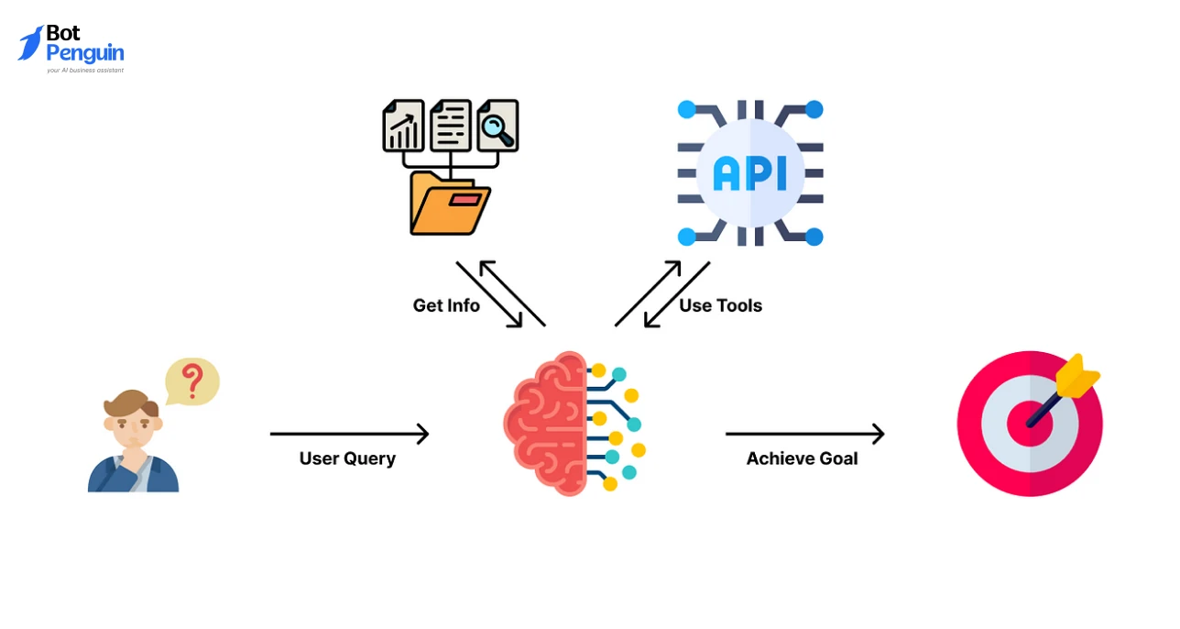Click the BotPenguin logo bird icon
[30, 43]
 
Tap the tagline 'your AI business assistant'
[85, 70]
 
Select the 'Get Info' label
[446, 306]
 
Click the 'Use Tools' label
[720, 306]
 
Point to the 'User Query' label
[347, 458]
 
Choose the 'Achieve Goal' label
[802, 458]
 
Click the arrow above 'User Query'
[349, 434]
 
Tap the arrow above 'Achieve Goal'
[804, 434]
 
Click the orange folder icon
[449, 203]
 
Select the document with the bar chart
[403, 126]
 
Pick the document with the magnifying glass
[497, 126]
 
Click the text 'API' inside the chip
[749, 173]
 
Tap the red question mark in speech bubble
[191, 379]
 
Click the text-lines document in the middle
[450, 126]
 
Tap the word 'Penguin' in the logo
[84, 53]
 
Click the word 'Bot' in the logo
[63, 33]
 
